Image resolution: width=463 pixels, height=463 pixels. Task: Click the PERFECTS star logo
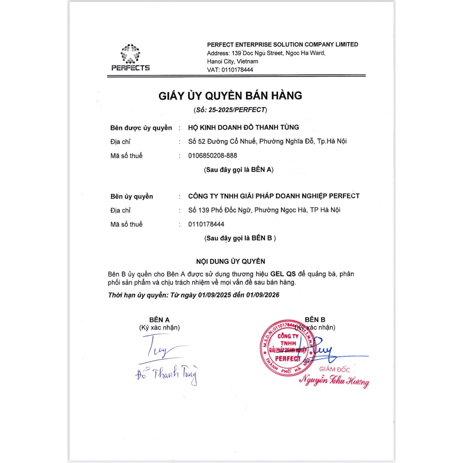[130, 54]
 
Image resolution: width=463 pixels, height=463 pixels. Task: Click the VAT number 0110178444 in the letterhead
[237, 70]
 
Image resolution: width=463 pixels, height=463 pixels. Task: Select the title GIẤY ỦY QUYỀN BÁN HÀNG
[230, 96]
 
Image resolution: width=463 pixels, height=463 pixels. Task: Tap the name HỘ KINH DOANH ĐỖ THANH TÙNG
[243, 128]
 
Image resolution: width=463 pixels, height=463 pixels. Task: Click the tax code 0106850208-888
[212, 156]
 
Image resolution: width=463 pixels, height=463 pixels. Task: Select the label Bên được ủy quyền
[141, 128]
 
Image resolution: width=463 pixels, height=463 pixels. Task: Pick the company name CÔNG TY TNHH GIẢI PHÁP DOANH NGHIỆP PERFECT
[274, 196]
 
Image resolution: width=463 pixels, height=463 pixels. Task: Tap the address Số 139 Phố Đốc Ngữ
[219, 210]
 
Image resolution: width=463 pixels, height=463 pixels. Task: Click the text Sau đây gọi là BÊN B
[240, 238]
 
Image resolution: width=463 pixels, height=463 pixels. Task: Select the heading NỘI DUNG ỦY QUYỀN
[230, 261]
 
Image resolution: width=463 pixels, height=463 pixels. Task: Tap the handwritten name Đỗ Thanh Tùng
[167, 374]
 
